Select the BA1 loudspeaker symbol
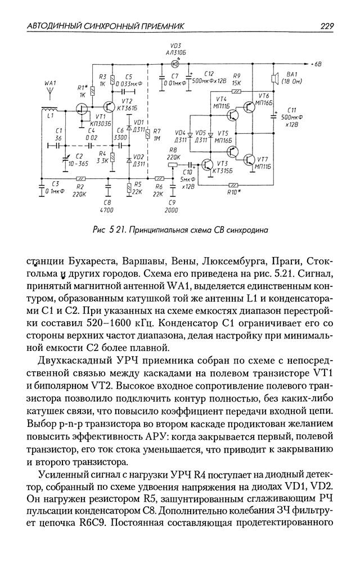coord(276,80)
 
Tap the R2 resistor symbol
coord(79,179)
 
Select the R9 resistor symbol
coord(237,91)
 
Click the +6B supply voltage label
coord(315,65)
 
